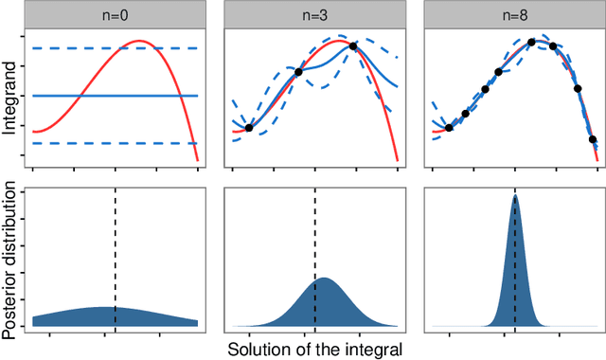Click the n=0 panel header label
115,14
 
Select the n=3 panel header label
314,14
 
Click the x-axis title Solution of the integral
314,349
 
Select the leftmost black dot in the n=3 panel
248,128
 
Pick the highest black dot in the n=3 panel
353,46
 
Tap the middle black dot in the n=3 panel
299,72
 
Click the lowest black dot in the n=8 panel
594,140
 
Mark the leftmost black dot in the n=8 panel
449,128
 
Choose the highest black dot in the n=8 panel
532,42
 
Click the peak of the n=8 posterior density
515,196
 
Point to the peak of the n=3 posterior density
324,278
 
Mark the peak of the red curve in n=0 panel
140,42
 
